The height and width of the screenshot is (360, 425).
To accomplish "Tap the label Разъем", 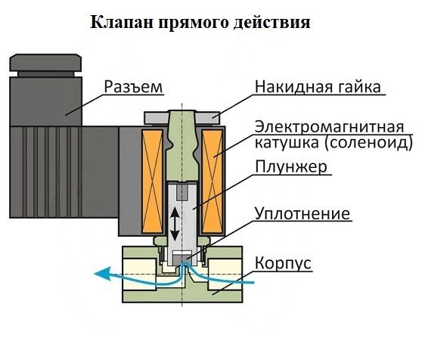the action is pyautogui.click(x=133, y=87).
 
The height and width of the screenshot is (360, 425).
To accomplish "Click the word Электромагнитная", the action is pyautogui.click(x=330, y=127).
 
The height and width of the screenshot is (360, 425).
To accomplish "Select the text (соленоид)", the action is pyautogui.click(x=368, y=143).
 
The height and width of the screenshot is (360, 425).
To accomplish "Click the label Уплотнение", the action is pyautogui.click(x=302, y=214).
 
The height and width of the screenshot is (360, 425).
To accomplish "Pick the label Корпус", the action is pyautogui.click(x=283, y=262).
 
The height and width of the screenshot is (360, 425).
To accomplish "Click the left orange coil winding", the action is pyautogui.click(x=152, y=181).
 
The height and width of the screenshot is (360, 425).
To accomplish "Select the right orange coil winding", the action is pyautogui.click(x=212, y=181).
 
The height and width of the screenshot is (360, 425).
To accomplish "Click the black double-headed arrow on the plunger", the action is pyautogui.click(x=175, y=224).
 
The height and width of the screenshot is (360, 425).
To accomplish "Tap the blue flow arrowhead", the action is pyautogui.click(x=104, y=273).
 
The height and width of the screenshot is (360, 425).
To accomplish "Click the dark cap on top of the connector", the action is pyautogui.click(x=45, y=63).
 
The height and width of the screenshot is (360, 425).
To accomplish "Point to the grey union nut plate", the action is pyautogui.click(x=181, y=118).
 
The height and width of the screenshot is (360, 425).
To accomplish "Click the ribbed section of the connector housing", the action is pyautogui.click(x=45, y=172).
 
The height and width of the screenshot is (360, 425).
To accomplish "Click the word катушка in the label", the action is pyautogui.click(x=287, y=143).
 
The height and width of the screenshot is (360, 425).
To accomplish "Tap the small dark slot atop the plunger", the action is pyautogui.click(x=181, y=192).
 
